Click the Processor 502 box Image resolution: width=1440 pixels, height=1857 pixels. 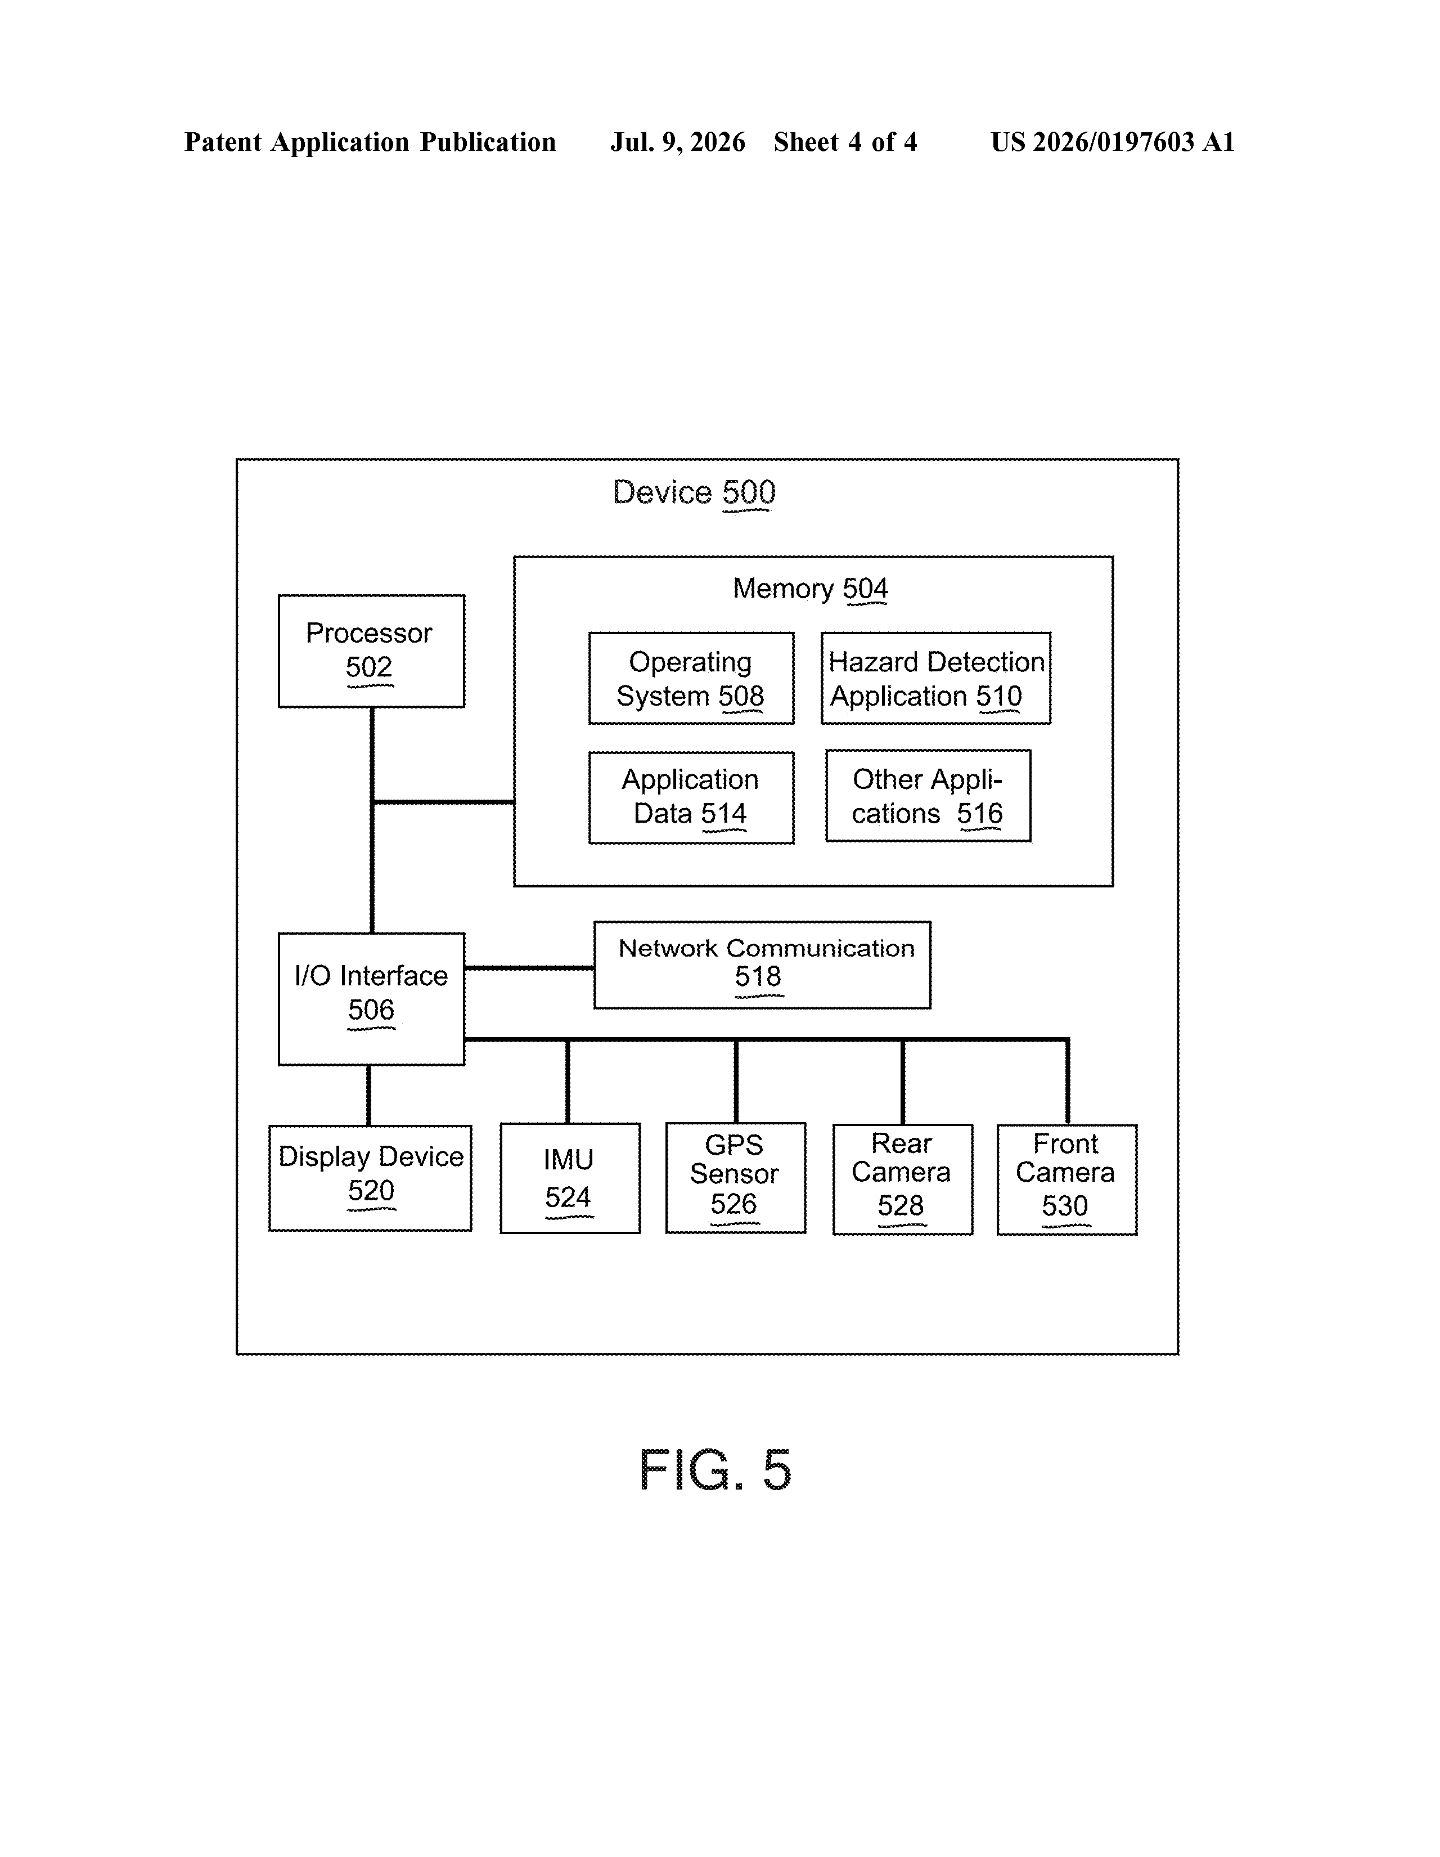point(371,651)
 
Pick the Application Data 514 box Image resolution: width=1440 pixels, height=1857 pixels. point(691,797)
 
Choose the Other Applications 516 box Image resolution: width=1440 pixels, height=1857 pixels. point(928,796)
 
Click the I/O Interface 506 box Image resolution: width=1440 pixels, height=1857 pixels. point(371,999)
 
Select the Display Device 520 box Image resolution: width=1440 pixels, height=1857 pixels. point(371,1178)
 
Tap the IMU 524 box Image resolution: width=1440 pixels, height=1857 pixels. point(570,1178)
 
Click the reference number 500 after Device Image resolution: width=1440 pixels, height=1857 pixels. point(749,493)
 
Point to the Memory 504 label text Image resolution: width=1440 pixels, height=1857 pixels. point(810,589)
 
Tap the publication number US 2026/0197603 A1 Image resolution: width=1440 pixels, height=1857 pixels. point(1113,142)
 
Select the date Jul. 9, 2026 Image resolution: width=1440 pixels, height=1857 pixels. point(677,142)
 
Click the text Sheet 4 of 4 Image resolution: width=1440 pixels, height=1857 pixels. point(845,142)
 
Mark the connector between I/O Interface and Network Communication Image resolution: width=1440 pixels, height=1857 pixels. point(529,968)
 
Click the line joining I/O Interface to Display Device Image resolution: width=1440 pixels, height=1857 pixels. point(368,1095)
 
